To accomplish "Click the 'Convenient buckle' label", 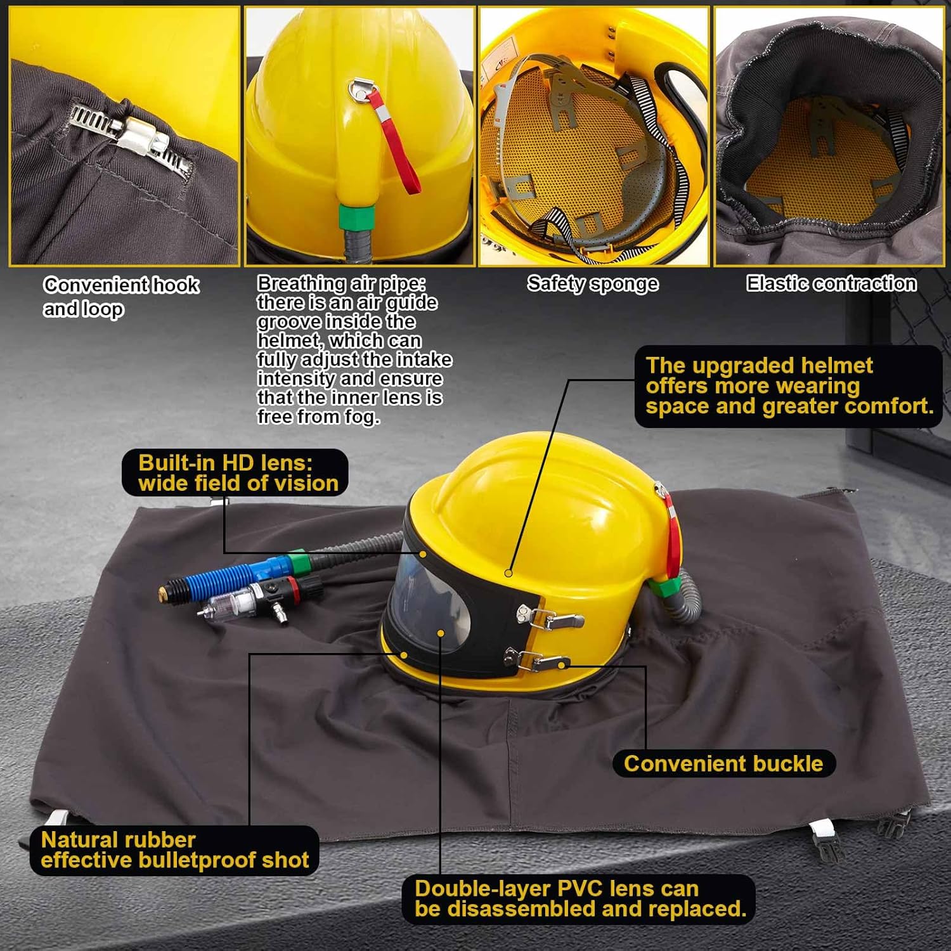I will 723,763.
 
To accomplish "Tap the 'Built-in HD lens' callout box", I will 235,473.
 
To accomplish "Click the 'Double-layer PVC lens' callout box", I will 579,898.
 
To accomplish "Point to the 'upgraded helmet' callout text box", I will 788,386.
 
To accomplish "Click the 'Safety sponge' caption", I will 592,283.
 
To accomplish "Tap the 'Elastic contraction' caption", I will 831,283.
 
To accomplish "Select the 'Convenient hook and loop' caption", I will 120,296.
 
